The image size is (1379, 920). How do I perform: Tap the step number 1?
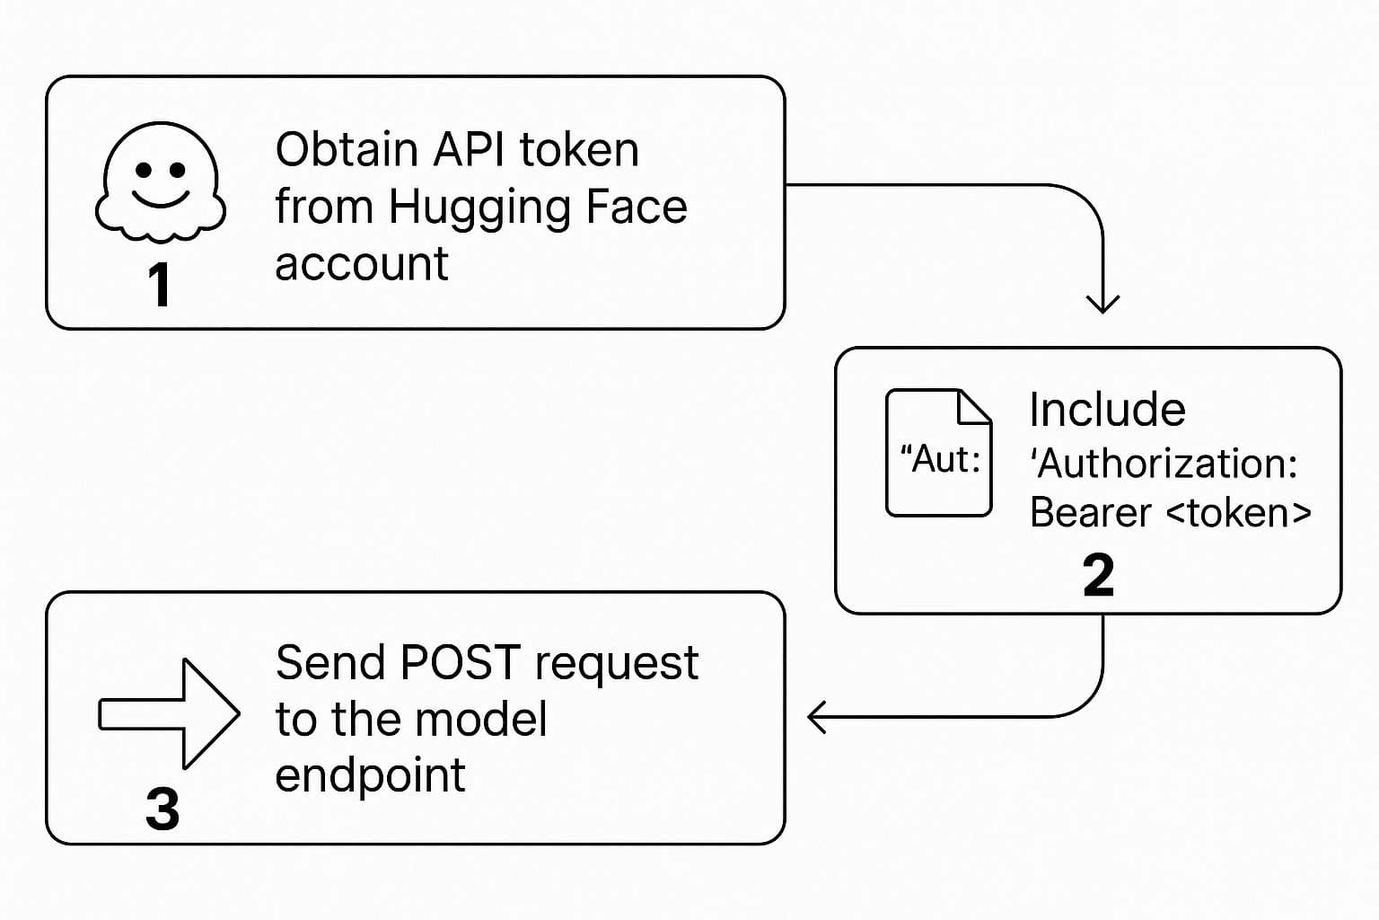(159, 285)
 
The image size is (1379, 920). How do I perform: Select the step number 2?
(1098, 575)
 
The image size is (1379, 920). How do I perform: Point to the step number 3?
(162, 809)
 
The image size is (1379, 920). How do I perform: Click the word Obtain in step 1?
(346, 149)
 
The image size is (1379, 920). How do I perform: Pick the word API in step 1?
(468, 149)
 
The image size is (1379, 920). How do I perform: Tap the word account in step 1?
(361, 264)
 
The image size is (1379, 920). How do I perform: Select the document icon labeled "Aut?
(938, 453)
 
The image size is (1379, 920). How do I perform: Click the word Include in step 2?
(1107, 410)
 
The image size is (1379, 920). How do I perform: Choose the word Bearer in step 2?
(1090, 513)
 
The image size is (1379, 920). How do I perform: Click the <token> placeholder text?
(1239, 513)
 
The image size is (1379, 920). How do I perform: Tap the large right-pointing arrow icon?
(169, 713)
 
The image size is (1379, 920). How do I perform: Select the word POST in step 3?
(460, 663)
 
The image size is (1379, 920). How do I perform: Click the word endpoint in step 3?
(370, 774)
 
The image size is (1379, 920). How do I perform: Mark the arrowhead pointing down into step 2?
(1102, 303)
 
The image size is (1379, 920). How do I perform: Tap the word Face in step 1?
(636, 207)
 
